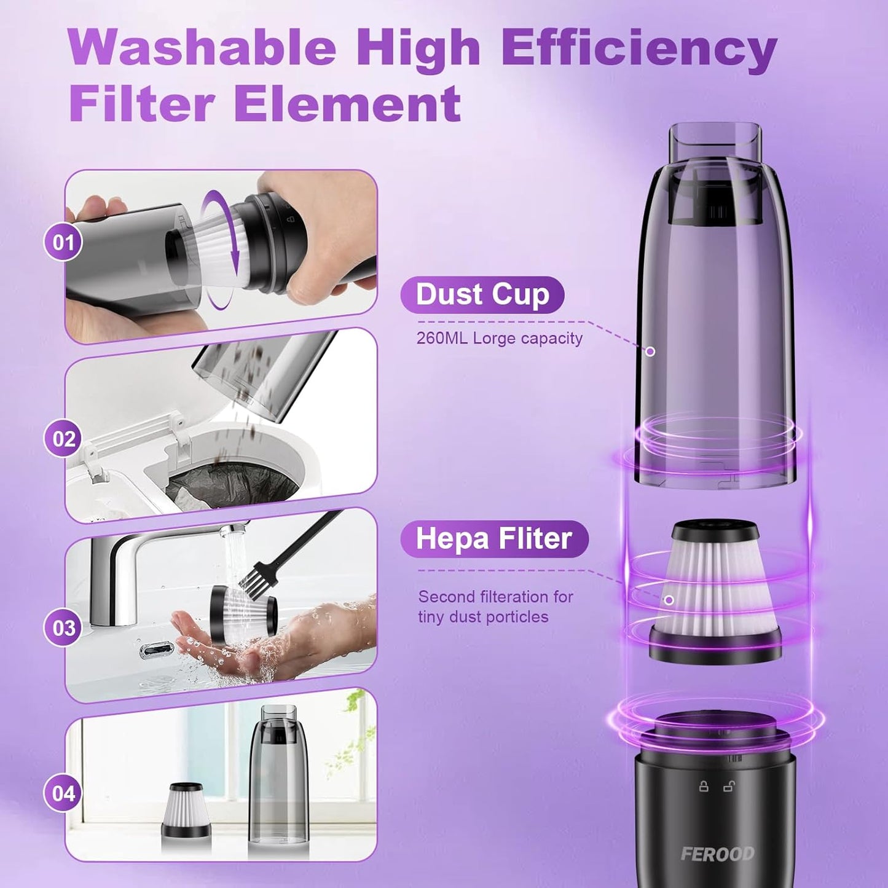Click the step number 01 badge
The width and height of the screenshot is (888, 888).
tap(63, 242)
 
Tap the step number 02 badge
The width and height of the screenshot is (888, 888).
tap(63, 439)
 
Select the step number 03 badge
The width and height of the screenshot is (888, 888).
tap(63, 628)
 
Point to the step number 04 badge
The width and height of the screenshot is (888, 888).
tap(63, 793)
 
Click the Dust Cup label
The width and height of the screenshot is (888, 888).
tap(482, 294)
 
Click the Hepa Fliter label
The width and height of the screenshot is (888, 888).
tap(494, 538)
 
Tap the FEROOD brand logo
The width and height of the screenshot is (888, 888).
tap(717, 854)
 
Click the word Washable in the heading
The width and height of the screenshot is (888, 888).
tap(202, 48)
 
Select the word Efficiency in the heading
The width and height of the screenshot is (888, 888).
tap(640, 48)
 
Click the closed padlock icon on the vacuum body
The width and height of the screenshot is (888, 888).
tap(704, 786)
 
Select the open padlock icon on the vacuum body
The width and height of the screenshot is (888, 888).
tap(729, 786)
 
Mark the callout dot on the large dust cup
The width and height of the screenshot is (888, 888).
tap(650, 352)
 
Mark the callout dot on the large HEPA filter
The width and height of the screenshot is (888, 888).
tap(669, 600)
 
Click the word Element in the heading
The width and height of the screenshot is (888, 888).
tap(347, 103)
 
